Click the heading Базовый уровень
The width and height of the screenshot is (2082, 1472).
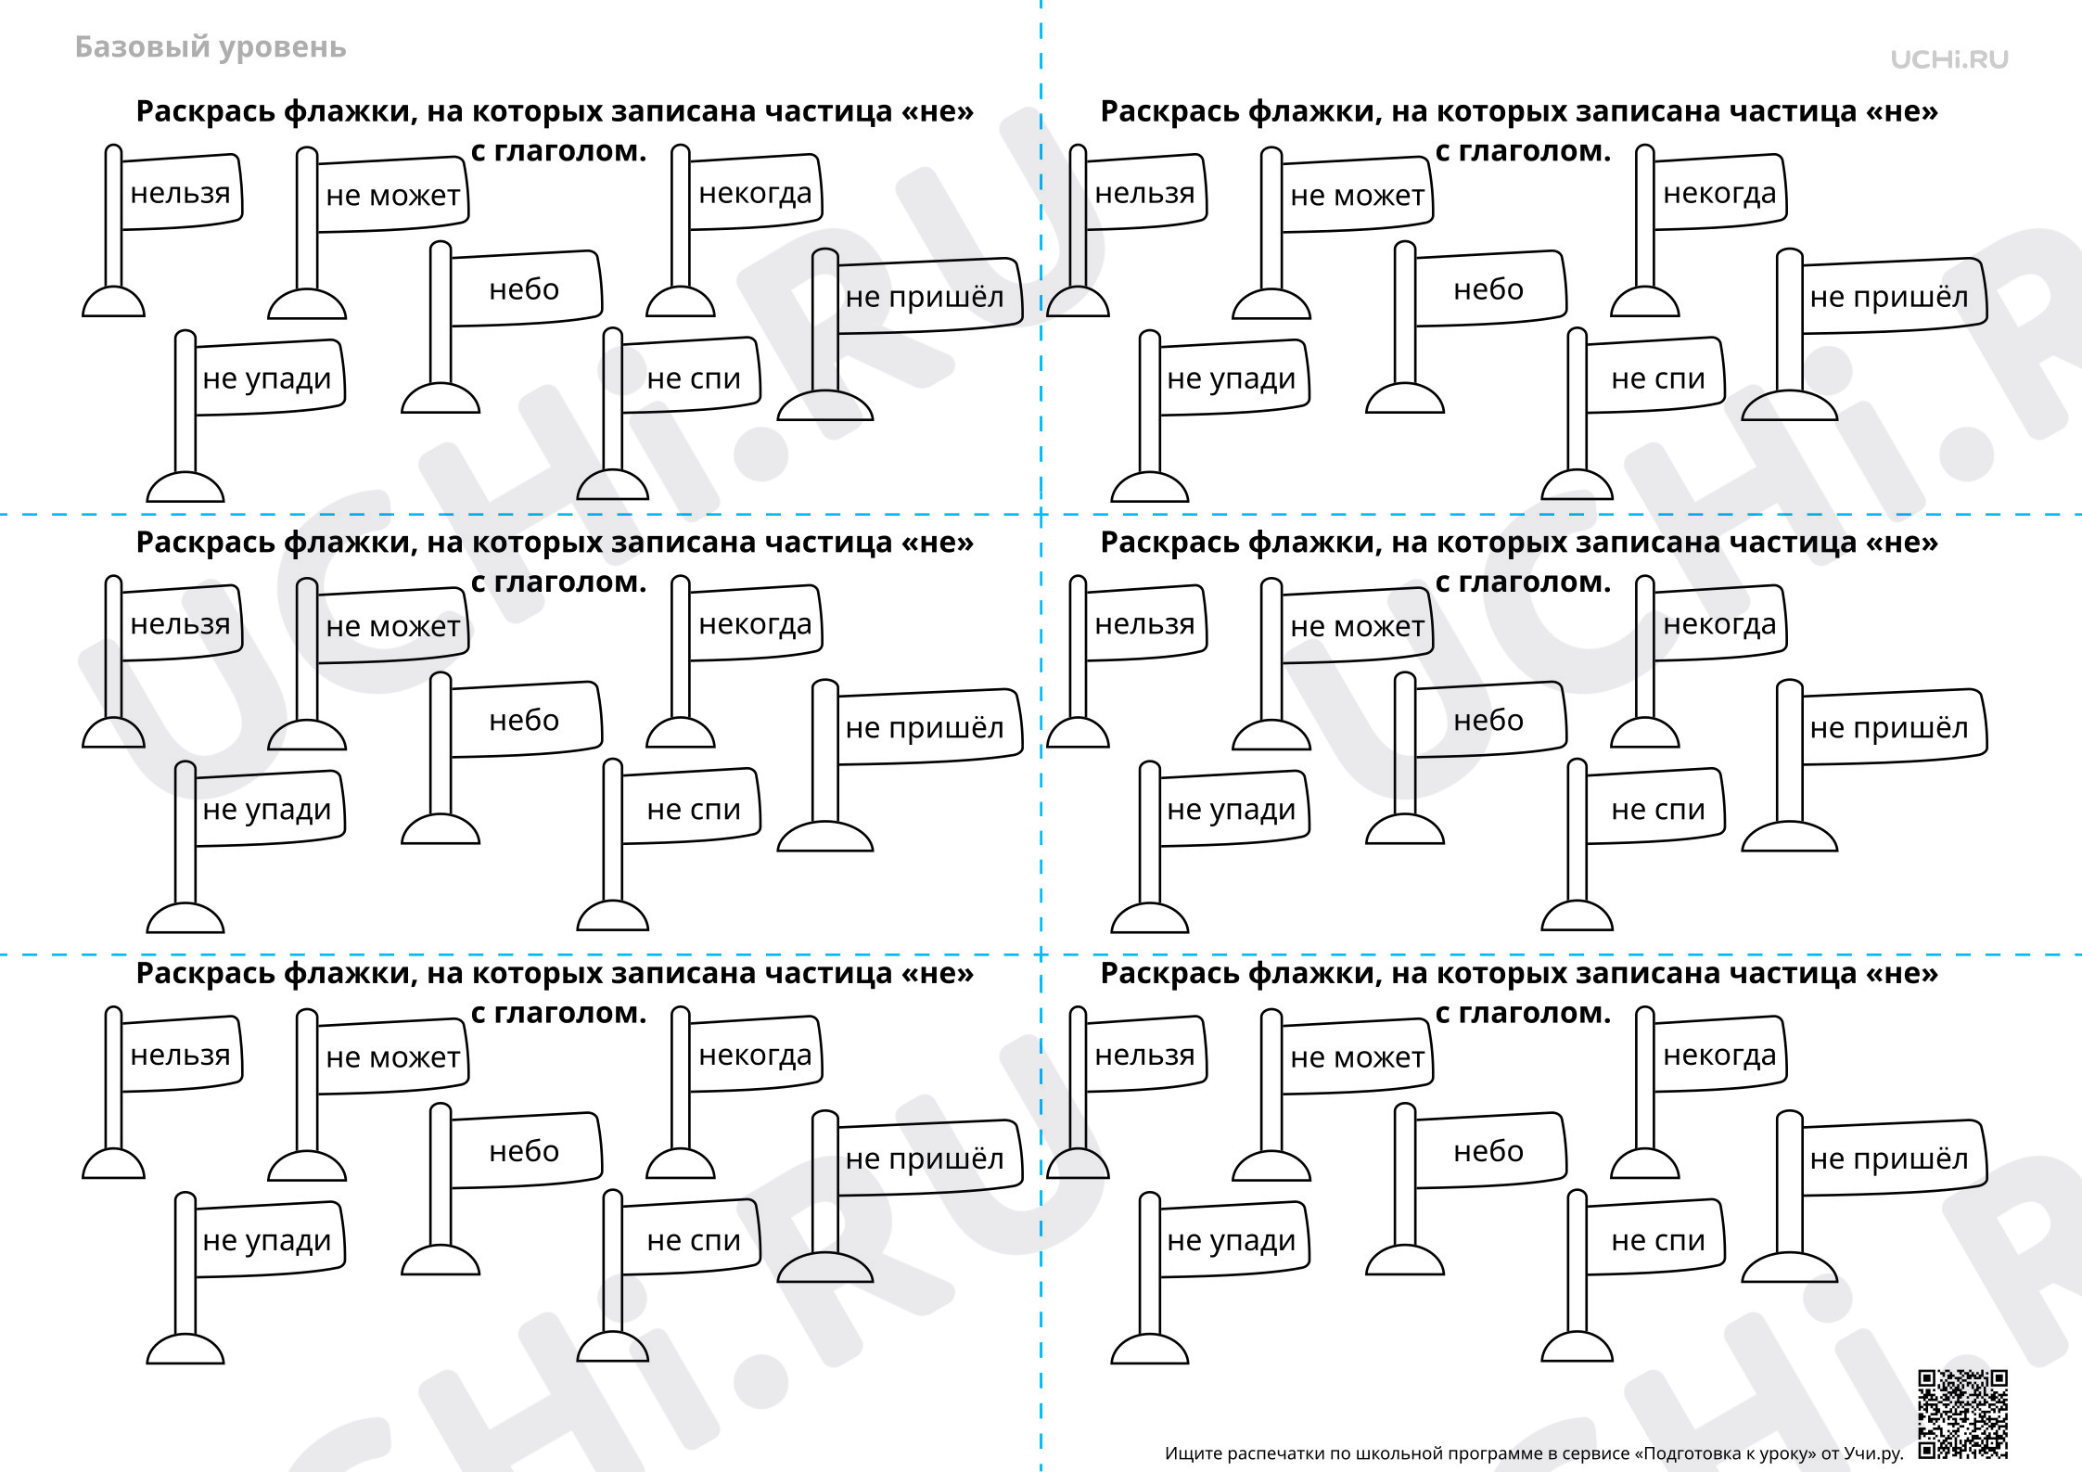pos(211,47)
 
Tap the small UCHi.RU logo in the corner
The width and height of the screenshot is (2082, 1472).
pos(1949,59)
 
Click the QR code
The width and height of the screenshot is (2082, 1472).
pos(1962,1412)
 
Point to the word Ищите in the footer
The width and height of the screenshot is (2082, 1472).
pos(1192,1453)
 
